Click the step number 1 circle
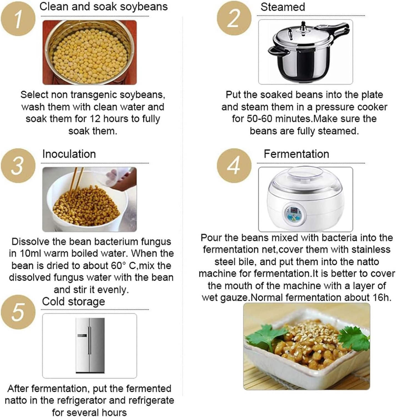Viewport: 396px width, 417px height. click(x=18, y=18)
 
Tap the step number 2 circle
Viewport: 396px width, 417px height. click(x=234, y=18)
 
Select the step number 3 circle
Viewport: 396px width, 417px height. click(x=18, y=166)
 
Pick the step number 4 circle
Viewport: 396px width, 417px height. click(x=234, y=166)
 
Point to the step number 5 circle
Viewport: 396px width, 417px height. click(x=18, y=312)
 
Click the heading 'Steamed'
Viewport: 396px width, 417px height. click(x=283, y=7)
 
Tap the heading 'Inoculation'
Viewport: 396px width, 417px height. click(x=69, y=154)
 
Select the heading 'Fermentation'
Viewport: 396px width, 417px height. click(x=296, y=154)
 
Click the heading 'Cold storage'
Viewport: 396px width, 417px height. click(x=73, y=301)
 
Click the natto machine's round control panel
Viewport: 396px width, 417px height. click(x=295, y=213)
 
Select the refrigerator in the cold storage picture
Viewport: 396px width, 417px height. click(x=90, y=346)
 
